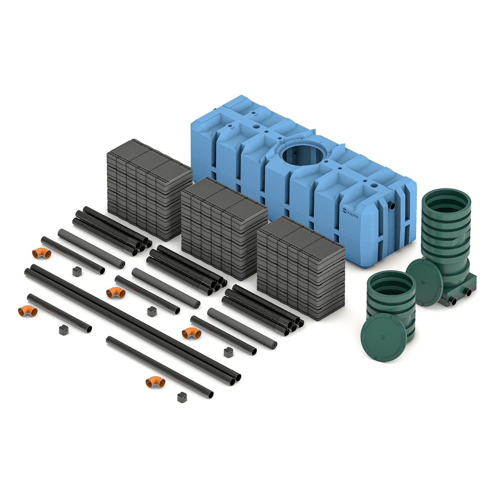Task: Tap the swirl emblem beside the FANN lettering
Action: point(345,210)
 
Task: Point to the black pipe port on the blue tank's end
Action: point(392,206)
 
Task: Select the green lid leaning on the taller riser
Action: point(425,282)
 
